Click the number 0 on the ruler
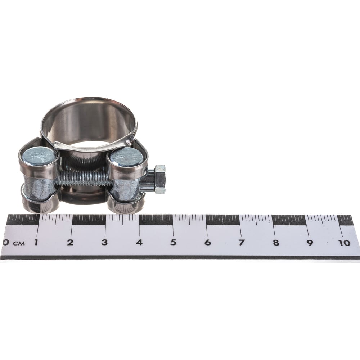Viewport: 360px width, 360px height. click(5, 242)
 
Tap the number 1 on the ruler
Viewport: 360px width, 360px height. click(36, 242)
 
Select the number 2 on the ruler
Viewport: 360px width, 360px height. click(70, 242)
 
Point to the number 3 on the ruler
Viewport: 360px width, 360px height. click(104, 242)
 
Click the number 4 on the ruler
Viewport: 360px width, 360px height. click(139, 242)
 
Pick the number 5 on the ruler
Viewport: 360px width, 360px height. click(174, 242)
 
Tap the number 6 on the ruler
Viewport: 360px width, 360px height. click(208, 242)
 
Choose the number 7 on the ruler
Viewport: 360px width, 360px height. click(242, 242)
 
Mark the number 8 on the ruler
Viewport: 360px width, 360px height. click(276, 242)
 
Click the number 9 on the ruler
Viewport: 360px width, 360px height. click(310, 242)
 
